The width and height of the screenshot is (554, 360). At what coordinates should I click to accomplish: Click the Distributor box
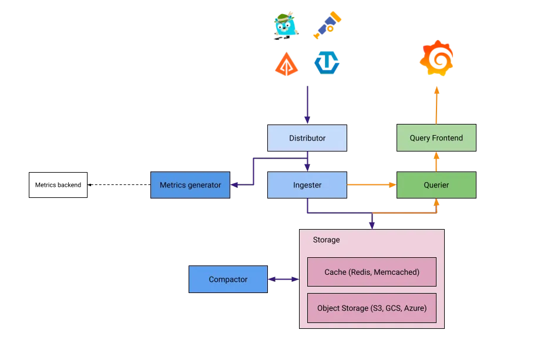click(307, 139)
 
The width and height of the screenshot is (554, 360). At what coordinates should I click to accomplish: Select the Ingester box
click(307, 185)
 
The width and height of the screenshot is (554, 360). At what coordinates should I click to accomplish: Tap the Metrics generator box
click(190, 185)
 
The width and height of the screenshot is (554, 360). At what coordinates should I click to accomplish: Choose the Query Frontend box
click(435, 139)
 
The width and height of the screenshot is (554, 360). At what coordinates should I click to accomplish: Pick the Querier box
click(435, 185)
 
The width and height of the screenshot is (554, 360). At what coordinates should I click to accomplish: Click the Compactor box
click(227, 280)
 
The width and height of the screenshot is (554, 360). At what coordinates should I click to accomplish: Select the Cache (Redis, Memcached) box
click(371, 272)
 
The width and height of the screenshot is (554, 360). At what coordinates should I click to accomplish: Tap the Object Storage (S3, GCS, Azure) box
click(371, 308)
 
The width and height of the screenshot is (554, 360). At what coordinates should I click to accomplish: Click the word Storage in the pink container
click(326, 240)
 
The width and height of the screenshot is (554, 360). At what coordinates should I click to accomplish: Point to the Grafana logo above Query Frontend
click(437, 58)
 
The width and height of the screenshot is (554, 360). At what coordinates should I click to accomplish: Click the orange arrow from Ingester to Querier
click(371, 185)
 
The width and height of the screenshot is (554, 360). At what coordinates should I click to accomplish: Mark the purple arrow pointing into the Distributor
click(307, 106)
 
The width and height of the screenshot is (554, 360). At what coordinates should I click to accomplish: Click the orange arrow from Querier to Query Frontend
click(436, 162)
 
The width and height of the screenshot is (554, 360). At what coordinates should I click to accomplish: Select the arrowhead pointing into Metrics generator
click(234, 185)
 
